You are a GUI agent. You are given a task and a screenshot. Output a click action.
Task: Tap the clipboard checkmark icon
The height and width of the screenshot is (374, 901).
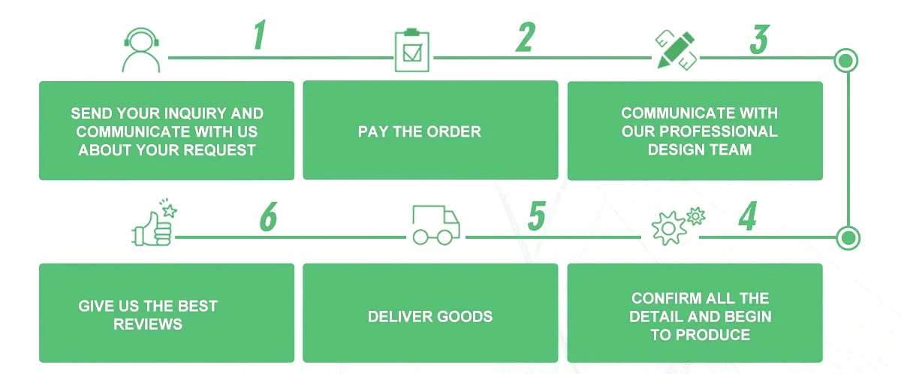point(410,51)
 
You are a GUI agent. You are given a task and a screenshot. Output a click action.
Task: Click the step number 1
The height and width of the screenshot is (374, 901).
point(259,36)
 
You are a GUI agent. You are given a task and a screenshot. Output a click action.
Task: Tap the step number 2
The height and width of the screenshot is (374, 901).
point(526,36)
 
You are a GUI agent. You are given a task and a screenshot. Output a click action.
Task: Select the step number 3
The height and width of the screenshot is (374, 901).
point(759,39)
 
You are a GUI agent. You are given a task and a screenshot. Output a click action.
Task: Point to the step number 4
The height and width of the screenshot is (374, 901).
point(747,216)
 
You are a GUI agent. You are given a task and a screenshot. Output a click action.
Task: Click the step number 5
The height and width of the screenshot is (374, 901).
point(536,216)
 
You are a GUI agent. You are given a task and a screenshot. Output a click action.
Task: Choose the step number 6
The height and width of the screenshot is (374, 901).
point(268,217)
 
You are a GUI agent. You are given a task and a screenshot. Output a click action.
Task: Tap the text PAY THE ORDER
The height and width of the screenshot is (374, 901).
point(419,131)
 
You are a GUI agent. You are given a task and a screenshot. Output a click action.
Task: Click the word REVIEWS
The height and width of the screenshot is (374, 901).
point(148,324)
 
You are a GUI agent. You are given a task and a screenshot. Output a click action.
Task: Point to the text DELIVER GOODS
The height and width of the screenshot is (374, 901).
point(430,316)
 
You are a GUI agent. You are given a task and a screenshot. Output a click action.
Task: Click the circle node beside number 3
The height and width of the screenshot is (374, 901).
point(846,59)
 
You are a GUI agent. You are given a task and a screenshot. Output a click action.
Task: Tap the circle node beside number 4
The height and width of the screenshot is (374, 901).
point(847,238)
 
